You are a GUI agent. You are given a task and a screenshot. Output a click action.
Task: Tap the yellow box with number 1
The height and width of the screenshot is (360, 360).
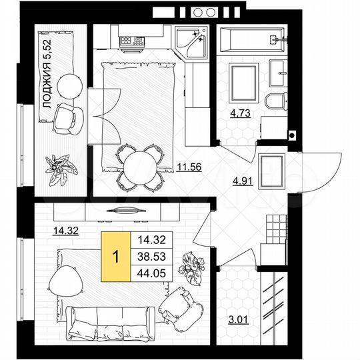pos(116,256)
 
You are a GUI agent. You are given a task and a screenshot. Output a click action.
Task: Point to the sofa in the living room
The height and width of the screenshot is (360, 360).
pos(112,321)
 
